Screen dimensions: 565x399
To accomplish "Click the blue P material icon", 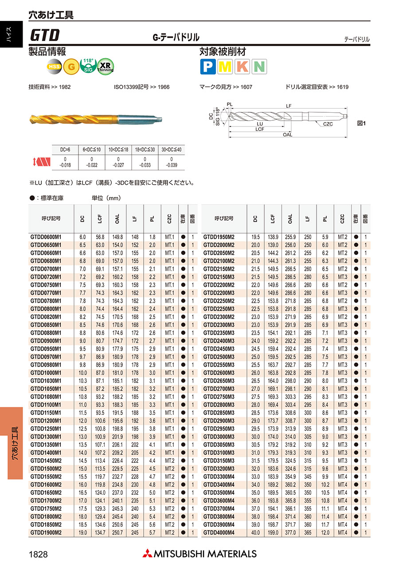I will click(207, 67).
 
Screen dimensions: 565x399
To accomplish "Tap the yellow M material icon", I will click(225, 67).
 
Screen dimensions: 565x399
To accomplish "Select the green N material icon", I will click(259, 67).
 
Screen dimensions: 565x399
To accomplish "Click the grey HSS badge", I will click(54, 67).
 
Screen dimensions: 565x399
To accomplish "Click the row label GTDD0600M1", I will click(46, 237).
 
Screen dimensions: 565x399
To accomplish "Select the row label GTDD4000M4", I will click(219, 533).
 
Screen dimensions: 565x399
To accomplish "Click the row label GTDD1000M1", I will click(46, 373).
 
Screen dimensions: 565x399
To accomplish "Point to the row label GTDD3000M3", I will click(219, 437).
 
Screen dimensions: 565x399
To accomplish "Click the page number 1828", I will click(38, 554).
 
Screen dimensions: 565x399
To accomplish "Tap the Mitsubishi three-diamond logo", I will click(147, 553).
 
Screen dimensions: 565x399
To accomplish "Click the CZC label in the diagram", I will click(328, 124).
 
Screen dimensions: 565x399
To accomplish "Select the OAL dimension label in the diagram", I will click(287, 134).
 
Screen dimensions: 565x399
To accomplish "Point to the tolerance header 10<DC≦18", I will click(118, 150).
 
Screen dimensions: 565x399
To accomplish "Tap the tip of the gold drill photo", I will click(31, 119).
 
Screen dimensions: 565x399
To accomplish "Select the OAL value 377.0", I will click(290, 533).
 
